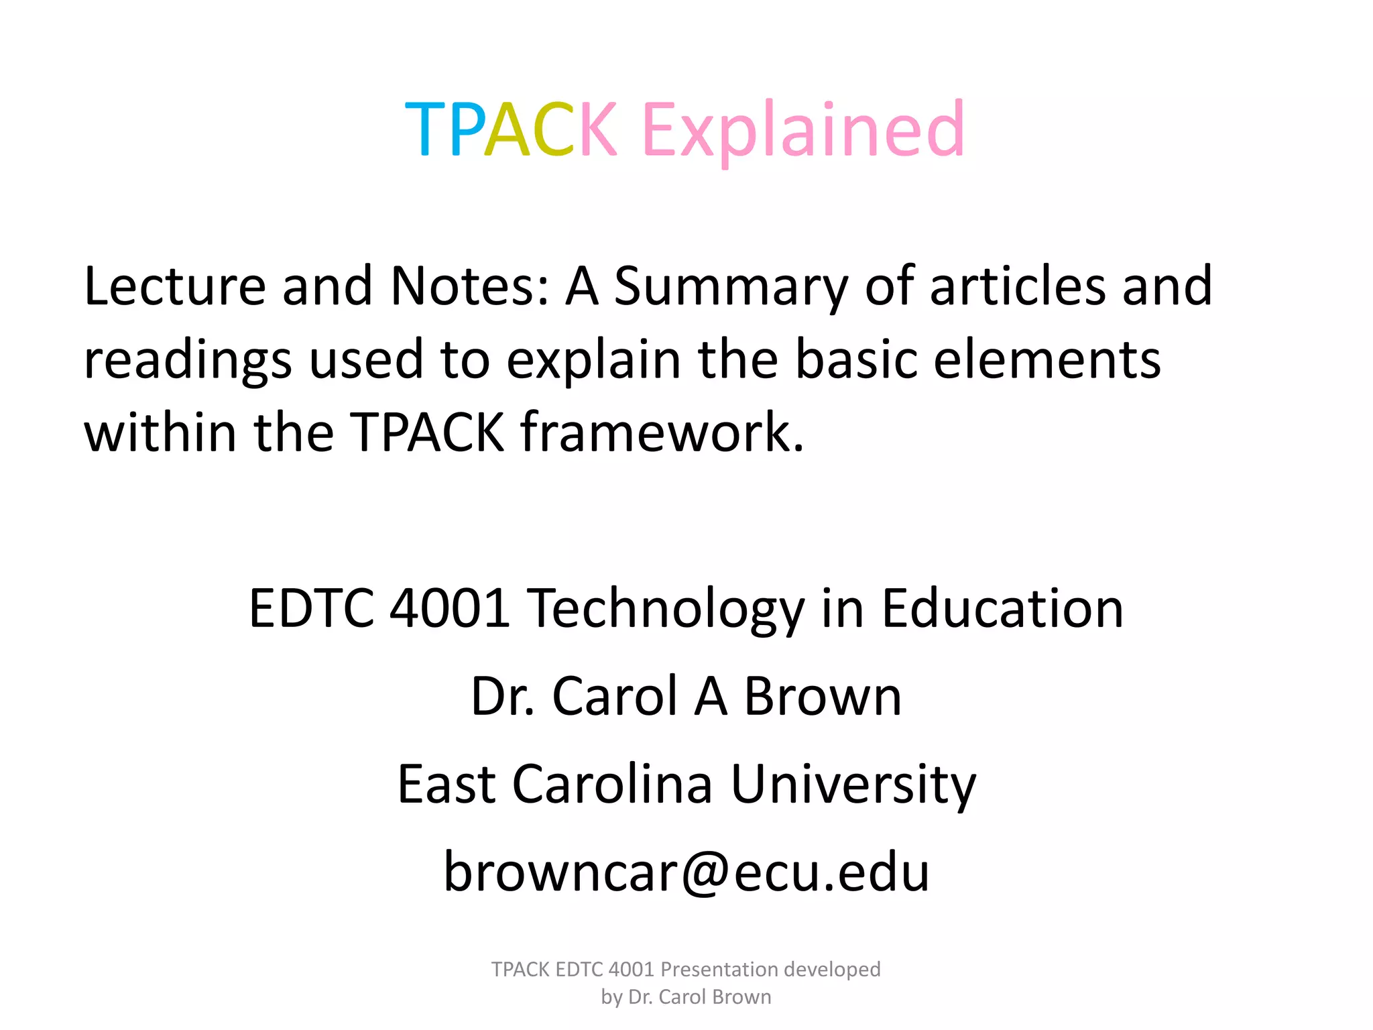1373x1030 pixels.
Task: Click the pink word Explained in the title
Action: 802,129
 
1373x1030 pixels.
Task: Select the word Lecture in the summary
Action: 175,286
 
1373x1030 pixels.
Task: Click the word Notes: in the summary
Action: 469,286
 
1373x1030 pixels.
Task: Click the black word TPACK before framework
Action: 427,433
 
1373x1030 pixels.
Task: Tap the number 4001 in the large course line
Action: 450,608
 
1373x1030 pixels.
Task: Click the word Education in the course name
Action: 1002,608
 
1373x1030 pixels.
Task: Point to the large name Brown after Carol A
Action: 823,697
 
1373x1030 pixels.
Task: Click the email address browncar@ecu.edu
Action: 686,872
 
